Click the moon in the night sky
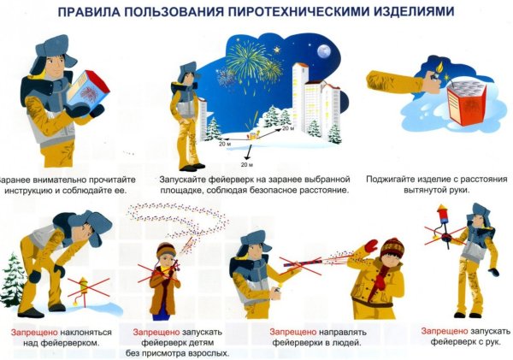click(x=324, y=50)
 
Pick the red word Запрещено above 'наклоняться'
click(x=34, y=330)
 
